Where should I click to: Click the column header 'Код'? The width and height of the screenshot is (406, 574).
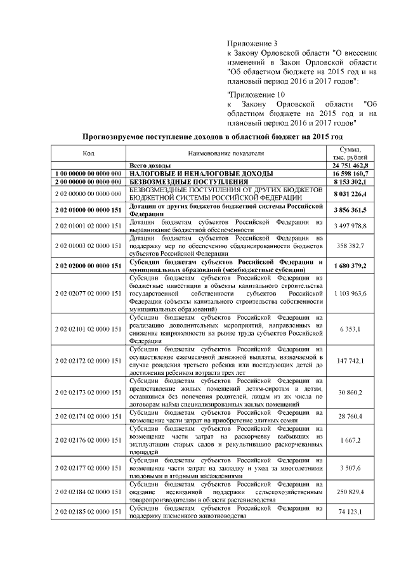coord(88,153)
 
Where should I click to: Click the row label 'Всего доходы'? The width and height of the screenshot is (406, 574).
coord(151,165)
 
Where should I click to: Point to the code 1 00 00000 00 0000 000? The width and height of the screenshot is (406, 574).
coord(88,173)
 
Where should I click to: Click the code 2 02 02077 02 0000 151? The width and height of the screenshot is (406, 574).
coord(88,294)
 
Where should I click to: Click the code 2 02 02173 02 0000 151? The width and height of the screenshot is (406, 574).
coord(88,393)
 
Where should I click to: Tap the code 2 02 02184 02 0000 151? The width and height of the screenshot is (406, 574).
coord(88,492)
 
